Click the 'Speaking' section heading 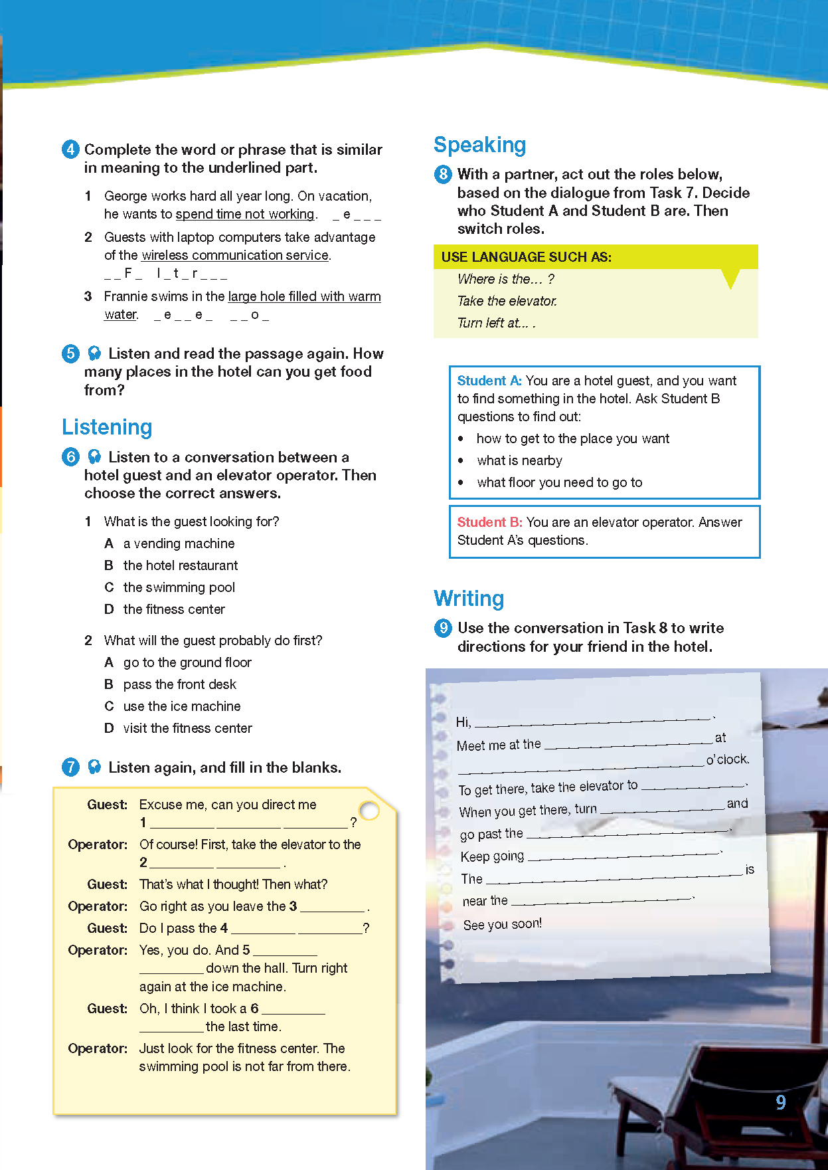click(479, 145)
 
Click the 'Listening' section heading click(107, 427)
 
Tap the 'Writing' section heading click(469, 599)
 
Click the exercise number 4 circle click(70, 149)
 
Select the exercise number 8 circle click(443, 175)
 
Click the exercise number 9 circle click(443, 628)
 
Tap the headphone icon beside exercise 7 click(94, 767)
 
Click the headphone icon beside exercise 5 click(94, 353)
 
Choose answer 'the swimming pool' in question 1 click(179, 587)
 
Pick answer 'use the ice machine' click(181, 706)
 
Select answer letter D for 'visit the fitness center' click(109, 728)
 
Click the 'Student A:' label click(489, 381)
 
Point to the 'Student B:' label click(489, 522)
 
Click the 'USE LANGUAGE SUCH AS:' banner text click(527, 257)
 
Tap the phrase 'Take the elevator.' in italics click(507, 301)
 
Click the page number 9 click(781, 1102)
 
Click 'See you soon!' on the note click(503, 924)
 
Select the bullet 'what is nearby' click(519, 460)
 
